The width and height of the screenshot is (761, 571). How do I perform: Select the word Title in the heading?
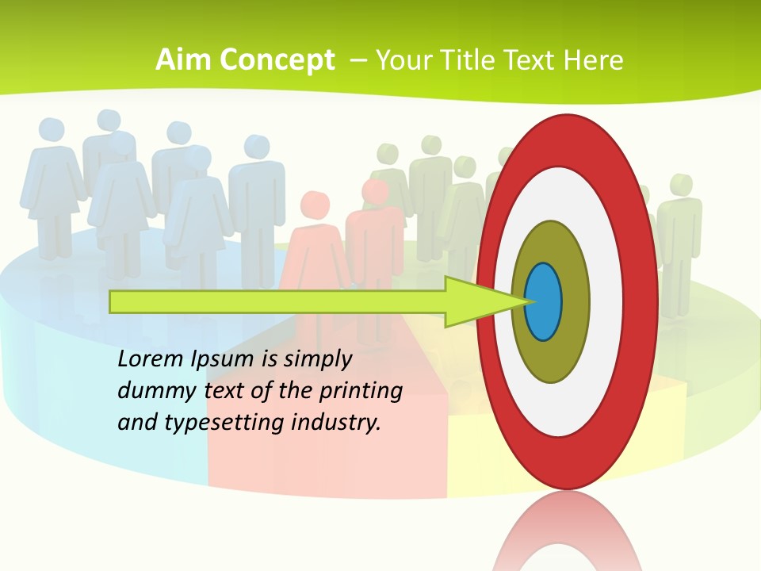(x=465, y=60)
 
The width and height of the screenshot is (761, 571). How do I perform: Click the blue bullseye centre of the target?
(x=544, y=302)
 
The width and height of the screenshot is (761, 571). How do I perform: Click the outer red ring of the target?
(x=566, y=140)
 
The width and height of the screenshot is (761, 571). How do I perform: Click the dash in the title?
(x=357, y=60)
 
